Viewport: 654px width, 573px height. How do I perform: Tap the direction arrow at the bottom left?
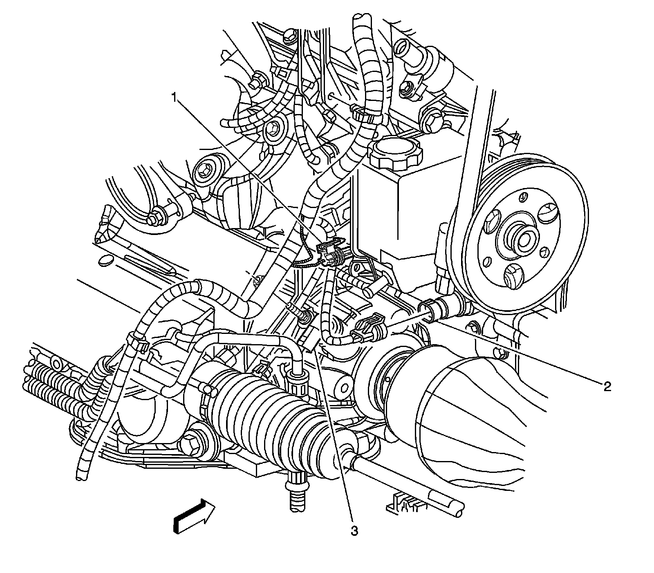[x=195, y=515]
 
